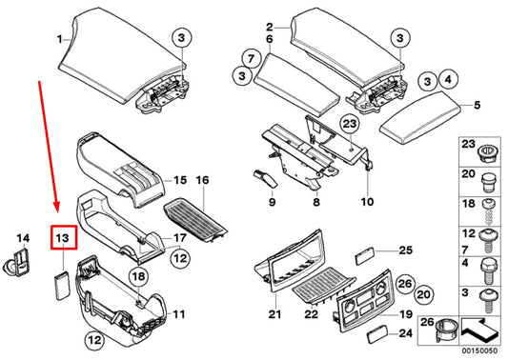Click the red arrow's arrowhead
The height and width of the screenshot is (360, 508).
pyautogui.click(x=57, y=207)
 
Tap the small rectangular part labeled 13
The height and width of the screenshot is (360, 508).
pyautogui.click(x=62, y=285)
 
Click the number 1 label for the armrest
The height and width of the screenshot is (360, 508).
pyautogui.click(x=60, y=39)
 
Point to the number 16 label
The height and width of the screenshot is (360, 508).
pyautogui.click(x=202, y=180)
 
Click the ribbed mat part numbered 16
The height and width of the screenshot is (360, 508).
pyautogui.click(x=195, y=219)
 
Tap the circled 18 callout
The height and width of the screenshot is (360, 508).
pyautogui.click(x=138, y=277)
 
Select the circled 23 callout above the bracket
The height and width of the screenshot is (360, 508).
pyautogui.click(x=350, y=124)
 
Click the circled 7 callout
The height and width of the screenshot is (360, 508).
pyautogui.click(x=251, y=59)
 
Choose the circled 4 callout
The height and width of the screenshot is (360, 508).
pyautogui.click(x=448, y=79)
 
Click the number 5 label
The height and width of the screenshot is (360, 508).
pyautogui.click(x=478, y=105)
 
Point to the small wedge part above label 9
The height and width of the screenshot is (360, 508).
pyautogui.click(x=265, y=178)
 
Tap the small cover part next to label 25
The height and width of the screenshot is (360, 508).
pyautogui.click(x=365, y=256)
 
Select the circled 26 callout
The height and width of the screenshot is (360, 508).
pyautogui.click(x=405, y=284)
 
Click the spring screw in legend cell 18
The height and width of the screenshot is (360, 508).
pyautogui.click(x=489, y=212)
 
